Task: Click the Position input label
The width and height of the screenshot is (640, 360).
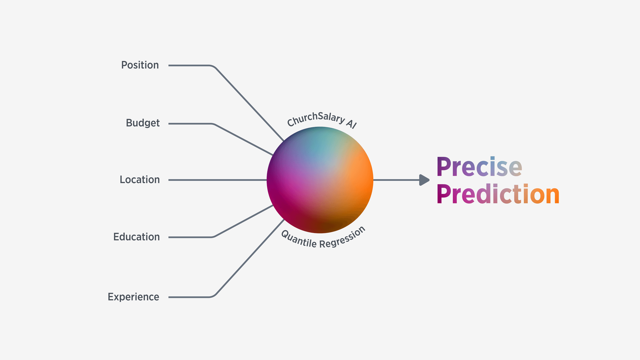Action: click(140, 65)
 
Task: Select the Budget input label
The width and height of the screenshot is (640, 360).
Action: click(143, 123)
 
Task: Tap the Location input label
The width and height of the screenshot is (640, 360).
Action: click(140, 180)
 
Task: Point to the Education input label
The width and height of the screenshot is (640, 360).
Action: click(136, 237)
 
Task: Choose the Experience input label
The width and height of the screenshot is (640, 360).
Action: click(133, 297)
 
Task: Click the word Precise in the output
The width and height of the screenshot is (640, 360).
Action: click(479, 167)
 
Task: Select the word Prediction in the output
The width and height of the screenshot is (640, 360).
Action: click(498, 194)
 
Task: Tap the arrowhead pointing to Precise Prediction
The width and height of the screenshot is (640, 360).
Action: click(424, 180)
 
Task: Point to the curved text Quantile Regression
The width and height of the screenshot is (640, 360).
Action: click(323, 239)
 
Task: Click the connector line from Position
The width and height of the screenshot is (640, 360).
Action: click(247, 100)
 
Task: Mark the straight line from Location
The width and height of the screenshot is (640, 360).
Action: click(217, 180)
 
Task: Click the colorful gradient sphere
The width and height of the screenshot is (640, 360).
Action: click(320, 180)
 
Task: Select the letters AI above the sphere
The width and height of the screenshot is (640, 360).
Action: click(351, 124)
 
